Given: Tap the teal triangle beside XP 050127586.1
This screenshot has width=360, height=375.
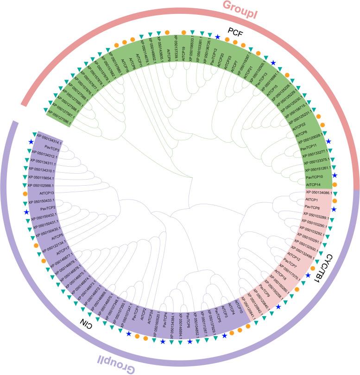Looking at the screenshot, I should [45, 110].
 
